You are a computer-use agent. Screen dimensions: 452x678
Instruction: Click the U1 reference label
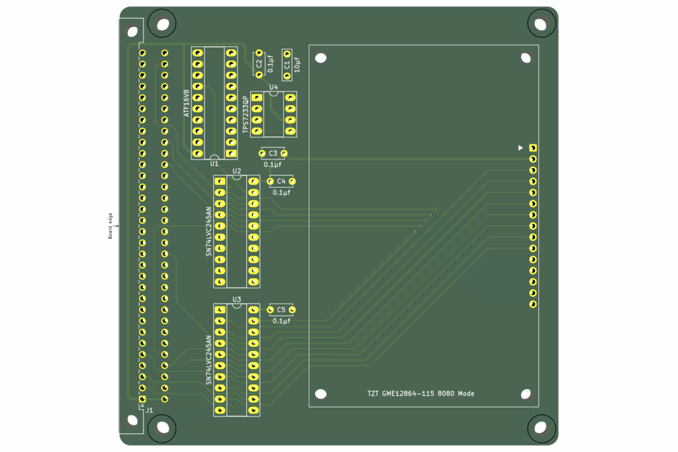click(x=214, y=163)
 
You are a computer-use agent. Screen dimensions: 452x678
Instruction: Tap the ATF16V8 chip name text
click(x=187, y=103)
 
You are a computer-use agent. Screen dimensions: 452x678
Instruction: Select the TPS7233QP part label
click(x=246, y=114)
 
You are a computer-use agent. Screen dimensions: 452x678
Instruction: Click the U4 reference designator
click(x=273, y=87)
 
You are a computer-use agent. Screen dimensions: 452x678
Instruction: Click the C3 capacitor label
click(x=273, y=154)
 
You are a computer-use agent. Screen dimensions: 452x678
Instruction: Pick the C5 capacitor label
click(x=281, y=310)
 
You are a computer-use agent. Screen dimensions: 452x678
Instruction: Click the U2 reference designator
click(x=236, y=171)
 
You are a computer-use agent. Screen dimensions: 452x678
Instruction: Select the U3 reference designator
click(x=236, y=299)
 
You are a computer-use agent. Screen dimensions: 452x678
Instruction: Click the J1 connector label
click(x=150, y=410)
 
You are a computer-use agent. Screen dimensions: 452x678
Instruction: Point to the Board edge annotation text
click(x=111, y=225)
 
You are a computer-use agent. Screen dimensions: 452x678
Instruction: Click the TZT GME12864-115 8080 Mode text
click(x=421, y=394)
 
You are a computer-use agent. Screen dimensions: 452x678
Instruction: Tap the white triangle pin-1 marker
click(x=520, y=148)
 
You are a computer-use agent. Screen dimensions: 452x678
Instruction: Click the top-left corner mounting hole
click(x=162, y=24)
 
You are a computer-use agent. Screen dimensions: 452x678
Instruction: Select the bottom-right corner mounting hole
click(x=542, y=428)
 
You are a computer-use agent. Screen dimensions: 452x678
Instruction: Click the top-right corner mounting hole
click(x=542, y=24)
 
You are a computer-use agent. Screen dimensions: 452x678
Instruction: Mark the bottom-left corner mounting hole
click(x=162, y=428)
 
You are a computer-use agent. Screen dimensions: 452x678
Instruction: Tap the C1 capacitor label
click(x=287, y=65)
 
